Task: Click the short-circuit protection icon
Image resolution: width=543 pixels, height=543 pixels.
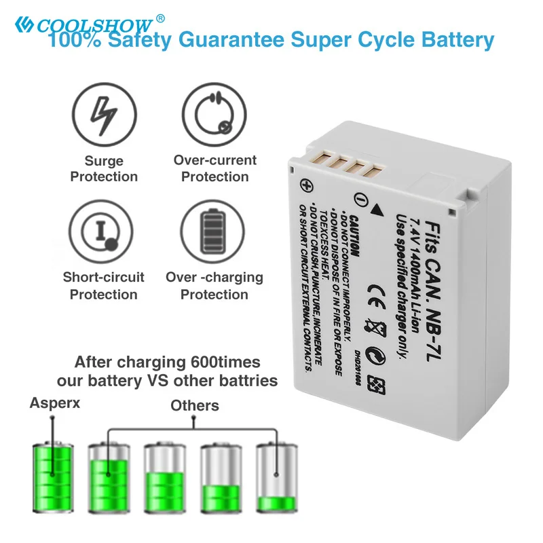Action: click(104, 230)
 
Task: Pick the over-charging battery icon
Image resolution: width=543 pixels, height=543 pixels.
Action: click(214, 231)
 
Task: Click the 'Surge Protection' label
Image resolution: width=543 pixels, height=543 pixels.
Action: click(104, 169)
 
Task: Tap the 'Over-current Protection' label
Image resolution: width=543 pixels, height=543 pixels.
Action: click(214, 168)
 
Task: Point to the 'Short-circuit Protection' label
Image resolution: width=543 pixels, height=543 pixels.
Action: click(104, 286)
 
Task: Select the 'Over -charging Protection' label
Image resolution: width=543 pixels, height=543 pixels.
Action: click(214, 286)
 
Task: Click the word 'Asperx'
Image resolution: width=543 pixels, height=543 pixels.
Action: click(55, 402)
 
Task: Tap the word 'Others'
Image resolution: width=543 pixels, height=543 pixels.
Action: click(195, 406)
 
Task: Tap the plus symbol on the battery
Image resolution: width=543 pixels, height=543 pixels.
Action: click(307, 185)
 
